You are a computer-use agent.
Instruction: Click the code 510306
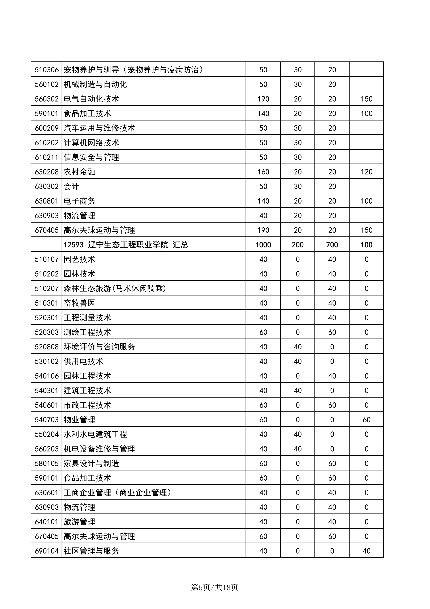[x=47, y=70]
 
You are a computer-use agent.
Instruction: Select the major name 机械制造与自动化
[x=95, y=84]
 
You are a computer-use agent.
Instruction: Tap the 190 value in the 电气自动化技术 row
[x=263, y=99]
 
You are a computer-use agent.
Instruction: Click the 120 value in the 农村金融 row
[x=366, y=172]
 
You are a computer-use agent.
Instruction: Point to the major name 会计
[x=71, y=186]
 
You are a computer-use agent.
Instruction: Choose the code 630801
[x=47, y=201]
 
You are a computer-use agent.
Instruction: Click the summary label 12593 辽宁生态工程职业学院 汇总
[x=126, y=245]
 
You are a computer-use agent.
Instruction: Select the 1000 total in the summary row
[x=263, y=245]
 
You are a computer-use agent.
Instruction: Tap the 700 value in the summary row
[x=332, y=245]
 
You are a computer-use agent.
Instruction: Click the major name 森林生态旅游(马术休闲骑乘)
[x=115, y=288]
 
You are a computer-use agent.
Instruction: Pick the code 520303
[x=47, y=332]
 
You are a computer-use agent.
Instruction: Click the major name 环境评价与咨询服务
[x=99, y=347]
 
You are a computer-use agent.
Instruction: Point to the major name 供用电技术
[x=83, y=361]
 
